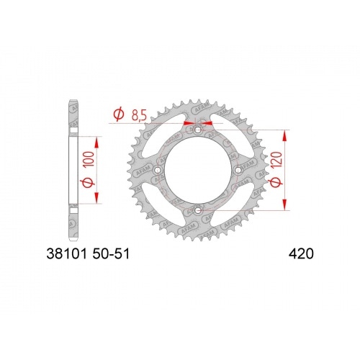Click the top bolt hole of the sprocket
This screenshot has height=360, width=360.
tap(197, 130)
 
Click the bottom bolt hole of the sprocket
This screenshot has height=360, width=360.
tap(197, 210)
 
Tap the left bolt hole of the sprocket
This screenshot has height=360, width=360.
tap(158, 170)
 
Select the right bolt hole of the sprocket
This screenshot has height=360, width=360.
tap(237, 170)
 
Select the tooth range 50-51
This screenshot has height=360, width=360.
tap(110, 253)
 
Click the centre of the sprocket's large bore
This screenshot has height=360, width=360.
tap(197, 170)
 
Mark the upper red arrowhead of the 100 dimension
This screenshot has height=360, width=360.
tap(96, 141)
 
